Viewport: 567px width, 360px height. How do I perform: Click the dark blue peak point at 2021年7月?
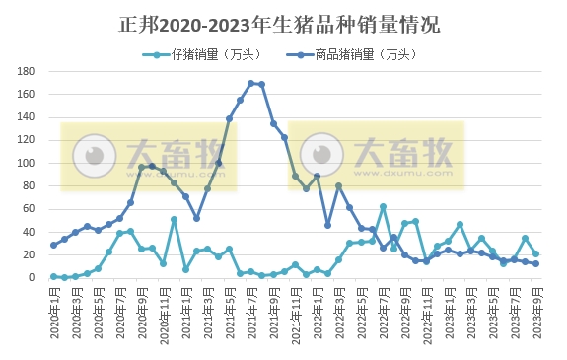pos(250,84)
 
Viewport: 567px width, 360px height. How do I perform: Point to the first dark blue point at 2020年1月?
pos(53,245)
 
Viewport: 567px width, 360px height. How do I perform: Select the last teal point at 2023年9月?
pos(535,254)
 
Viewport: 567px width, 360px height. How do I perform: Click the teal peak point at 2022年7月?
pos(383,207)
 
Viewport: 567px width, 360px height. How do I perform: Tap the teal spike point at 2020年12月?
pos(174,220)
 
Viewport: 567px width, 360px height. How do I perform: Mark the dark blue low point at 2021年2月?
pos(196,218)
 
